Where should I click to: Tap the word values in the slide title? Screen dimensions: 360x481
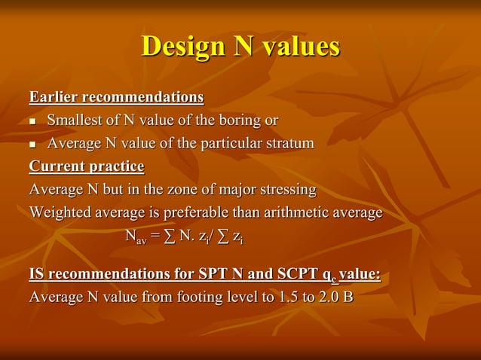tap(300, 47)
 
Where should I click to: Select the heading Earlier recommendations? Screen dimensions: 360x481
tap(116, 98)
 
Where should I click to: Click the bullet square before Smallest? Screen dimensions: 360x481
tap(32, 121)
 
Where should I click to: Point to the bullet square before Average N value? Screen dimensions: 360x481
tap(32, 144)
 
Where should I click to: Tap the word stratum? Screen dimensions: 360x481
tap(290, 143)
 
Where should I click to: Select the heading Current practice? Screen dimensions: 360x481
tap(86, 166)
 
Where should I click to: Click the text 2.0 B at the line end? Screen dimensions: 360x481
tap(336, 297)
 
